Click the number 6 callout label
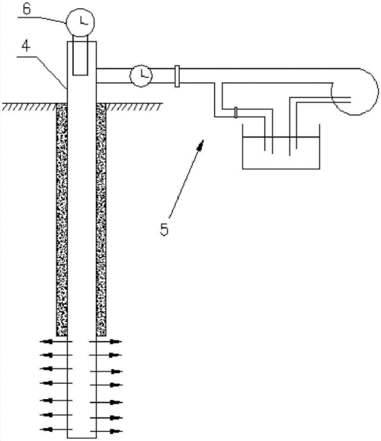pyautogui.click(x=27, y=8)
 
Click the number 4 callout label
pyautogui.click(x=26, y=46)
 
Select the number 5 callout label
pyautogui.click(x=164, y=229)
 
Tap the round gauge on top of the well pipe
pyautogui.click(x=80, y=22)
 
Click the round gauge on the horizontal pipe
pyautogui.click(x=141, y=76)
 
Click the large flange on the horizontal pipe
pyautogui.click(x=177, y=76)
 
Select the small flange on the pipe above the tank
pyautogui.click(x=235, y=112)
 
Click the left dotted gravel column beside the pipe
pyautogui.click(x=62, y=220)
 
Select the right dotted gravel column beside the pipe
pyautogui.click(x=101, y=220)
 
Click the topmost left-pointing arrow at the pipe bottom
pyautogui.click(x=56, y=342)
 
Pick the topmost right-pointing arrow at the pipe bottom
pyautogui.click(x=105, y=342)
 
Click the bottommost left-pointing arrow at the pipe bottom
pyautogui.click(x=56, y=430)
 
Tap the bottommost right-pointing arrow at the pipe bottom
pyautogui.click(x=106, y=431)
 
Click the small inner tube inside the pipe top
pyautogui.click(x=80, y=56)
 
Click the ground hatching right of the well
pyautogui.click(x=134, y=107)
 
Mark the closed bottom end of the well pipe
pyautogui.click(x=82, y=438)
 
